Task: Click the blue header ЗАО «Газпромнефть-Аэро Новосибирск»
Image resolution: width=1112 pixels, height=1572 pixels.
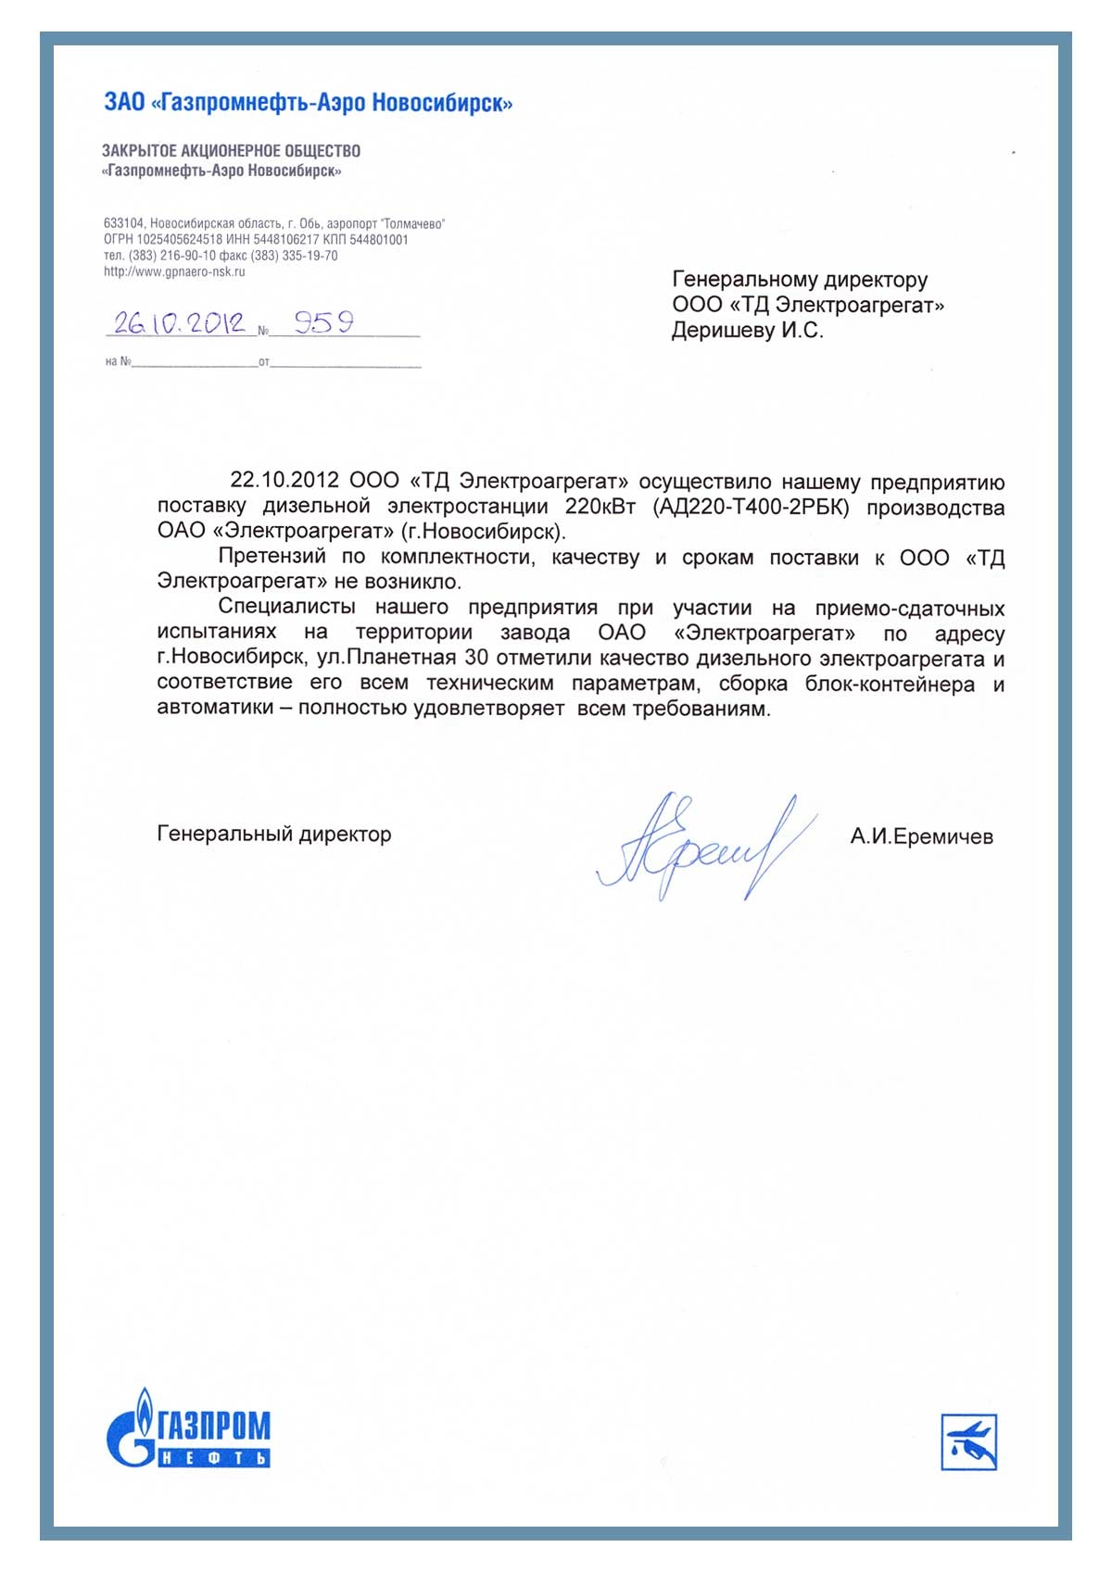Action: pyautogui.click(x=308, y=102)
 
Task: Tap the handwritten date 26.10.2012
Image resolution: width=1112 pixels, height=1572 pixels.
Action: pyautogui.click(x=179, y=322)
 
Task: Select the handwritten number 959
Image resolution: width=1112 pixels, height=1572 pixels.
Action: pyautogui.click(x=324, y=321)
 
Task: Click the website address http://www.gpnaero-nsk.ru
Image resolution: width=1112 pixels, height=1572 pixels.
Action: pyautogui.click(x=174, y=272)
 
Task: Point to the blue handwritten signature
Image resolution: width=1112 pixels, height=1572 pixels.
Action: pyautogui.click(x=704, y=845)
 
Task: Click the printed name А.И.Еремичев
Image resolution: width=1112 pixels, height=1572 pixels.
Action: pyautogui.click(x=921, y=836)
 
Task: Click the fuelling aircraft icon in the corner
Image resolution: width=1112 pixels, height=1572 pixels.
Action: pyautogui.click(x=968, y=1441)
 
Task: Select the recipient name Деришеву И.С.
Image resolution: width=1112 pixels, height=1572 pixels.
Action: pyautogui.click(x=747, y=331)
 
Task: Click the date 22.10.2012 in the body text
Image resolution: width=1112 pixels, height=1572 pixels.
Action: pyautogui.click(x=284, y=481)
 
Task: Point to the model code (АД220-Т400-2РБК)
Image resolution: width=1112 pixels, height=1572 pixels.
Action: pyautogui.click(x=751, y=507)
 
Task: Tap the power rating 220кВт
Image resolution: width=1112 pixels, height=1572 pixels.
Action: pyautogui.click(x=600, y=507)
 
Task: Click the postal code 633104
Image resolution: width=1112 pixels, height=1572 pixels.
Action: pyautogui.click(x=123, y=224)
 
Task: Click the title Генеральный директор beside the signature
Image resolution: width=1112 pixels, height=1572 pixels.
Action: pyautogui.click(x=274, y=835)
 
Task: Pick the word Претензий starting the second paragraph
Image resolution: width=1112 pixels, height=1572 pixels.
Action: pyautogui.click(x=272, y=557)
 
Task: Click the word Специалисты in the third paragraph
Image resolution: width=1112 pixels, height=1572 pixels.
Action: pyautogui.click(x=287, y=608)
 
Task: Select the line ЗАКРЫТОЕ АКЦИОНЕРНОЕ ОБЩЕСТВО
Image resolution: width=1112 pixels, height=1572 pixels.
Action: pyautogui.click(x=231, y=151)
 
